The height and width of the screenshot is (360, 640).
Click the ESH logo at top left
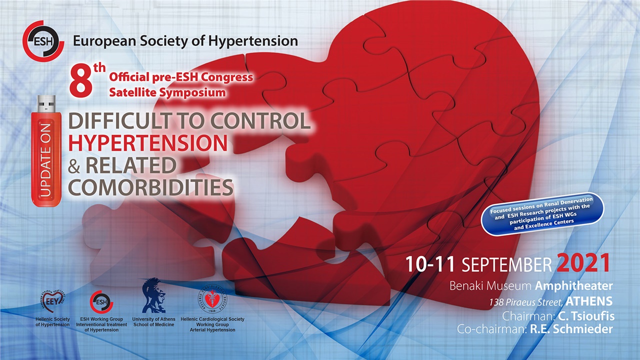coord(43,40)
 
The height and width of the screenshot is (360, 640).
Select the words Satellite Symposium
coord(167,92)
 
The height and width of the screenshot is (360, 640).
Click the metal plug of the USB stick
coord(46,103)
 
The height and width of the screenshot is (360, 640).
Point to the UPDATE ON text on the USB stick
coord(46,159)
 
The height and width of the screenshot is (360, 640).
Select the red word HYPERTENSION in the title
coord(148,143)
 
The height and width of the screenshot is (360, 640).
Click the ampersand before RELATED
coord(74,167)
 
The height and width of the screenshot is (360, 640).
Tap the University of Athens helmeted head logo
coord(153,296)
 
